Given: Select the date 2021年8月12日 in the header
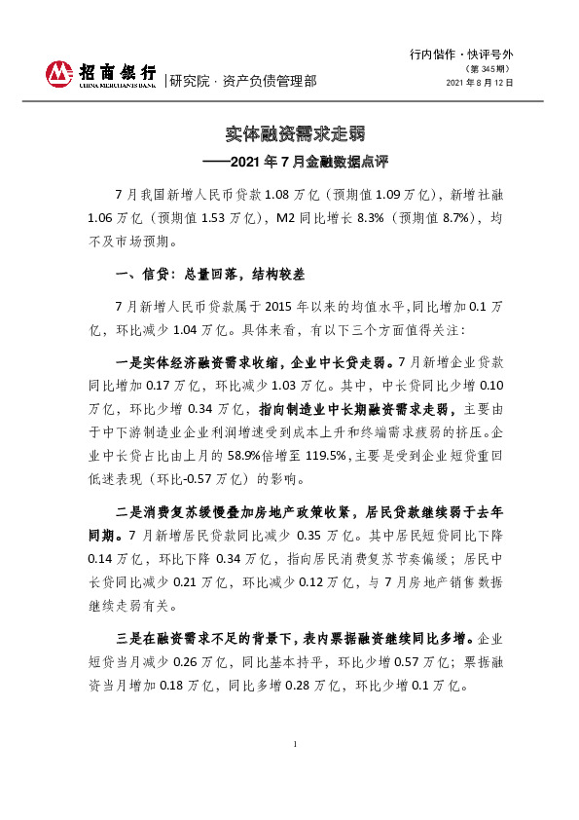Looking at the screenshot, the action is pyautogui.click(x=479, y=84).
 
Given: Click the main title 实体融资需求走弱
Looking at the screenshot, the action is pyautogui.click(x=289, y=133).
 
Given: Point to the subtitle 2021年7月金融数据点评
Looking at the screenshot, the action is pyautogui.click(x=297, y=158).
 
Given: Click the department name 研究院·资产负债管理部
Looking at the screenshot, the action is pyautogui.click(x=243, y=82).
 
